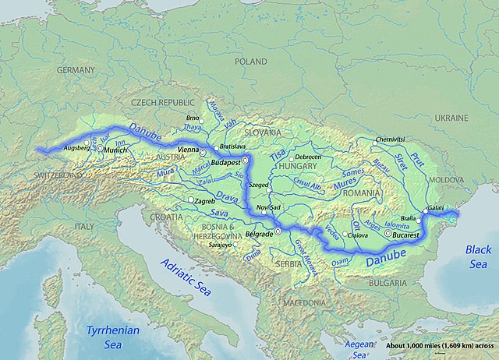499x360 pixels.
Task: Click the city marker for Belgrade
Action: [x=278, y=233]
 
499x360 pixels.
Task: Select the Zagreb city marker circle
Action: [x=191, y=200]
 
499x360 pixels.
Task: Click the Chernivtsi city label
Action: [x=391, y=139]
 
